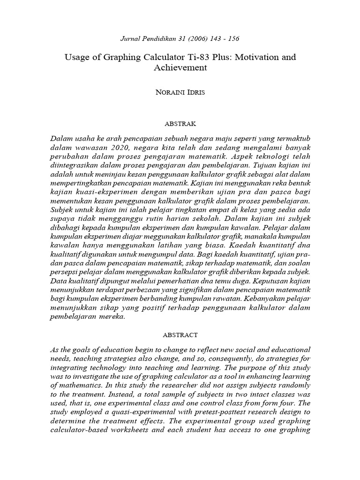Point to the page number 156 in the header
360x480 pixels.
233,38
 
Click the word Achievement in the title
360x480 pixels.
180,67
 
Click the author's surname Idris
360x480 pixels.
196,92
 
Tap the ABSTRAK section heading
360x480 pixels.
180,124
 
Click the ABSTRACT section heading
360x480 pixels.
180,335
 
